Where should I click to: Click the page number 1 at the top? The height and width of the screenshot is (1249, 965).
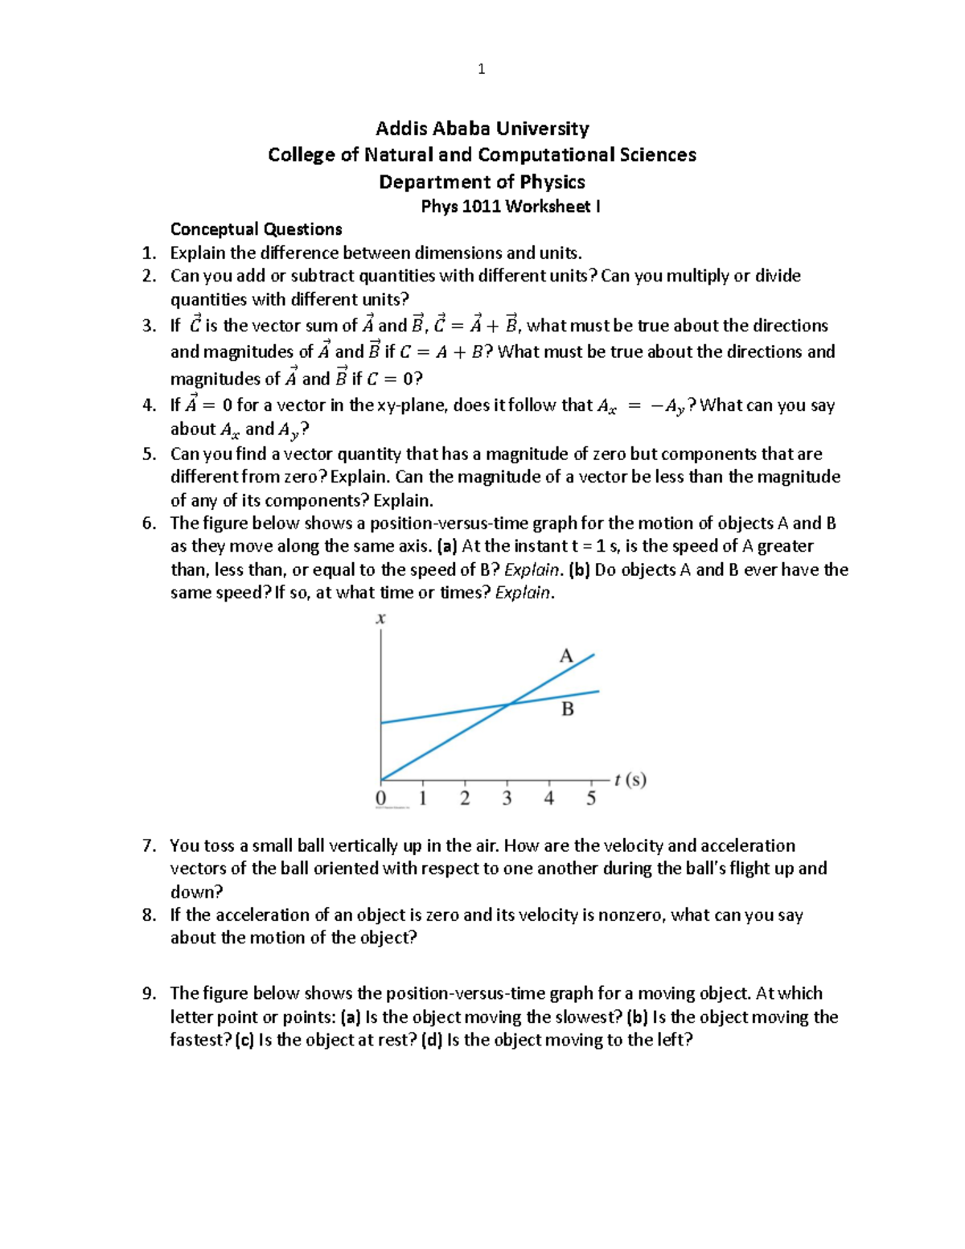[481, 69]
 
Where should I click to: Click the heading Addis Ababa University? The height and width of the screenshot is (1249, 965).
[482, 129]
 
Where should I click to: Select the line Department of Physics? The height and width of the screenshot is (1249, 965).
[482, 182]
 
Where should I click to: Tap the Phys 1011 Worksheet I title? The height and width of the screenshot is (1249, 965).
[511, 207]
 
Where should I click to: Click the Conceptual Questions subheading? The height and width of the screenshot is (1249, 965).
[256, 229]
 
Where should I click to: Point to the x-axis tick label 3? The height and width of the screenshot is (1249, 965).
[507, 799]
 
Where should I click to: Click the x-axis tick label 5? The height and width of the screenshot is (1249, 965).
[591, 799]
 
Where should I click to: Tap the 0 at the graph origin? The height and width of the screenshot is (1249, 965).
[380, 799]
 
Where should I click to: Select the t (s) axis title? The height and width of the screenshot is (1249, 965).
[630, 779]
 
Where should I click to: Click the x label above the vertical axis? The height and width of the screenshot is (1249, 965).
[380, 618]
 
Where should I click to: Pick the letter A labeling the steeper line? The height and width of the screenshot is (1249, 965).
[566, 656]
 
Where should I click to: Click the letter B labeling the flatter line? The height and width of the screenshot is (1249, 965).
[568, 709]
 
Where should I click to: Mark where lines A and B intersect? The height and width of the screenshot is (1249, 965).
[509, 705]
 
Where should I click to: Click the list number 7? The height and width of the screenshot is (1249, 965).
[148, 846]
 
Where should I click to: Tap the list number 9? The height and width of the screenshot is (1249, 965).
[148, 994]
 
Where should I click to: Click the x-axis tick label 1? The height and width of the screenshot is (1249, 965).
[422, 799]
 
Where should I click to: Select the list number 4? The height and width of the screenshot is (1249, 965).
[148, 405]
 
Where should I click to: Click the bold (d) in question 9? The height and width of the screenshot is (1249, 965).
[432, 1040]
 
